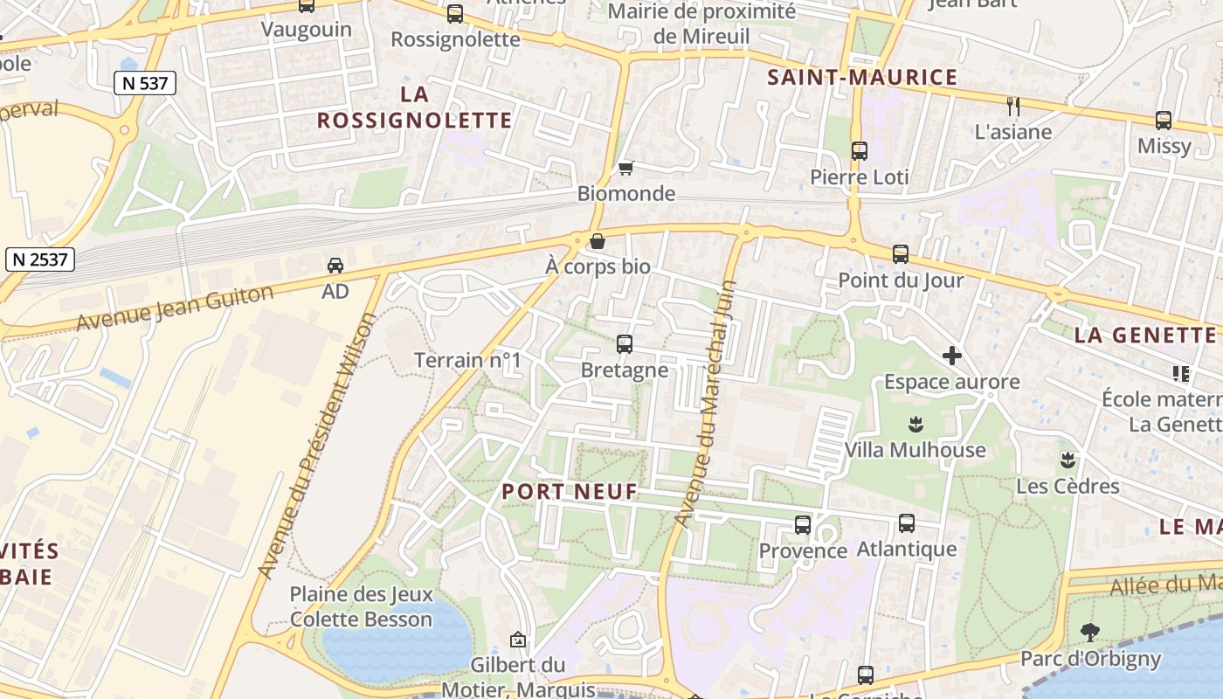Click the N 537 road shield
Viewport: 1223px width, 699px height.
tap(145, 84)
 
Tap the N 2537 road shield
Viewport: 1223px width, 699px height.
tap(40, 260)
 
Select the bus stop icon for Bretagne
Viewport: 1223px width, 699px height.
tap(625, 344)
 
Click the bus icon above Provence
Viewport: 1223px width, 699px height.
tap(803, 525)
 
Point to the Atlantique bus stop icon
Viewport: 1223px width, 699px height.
tap(907, 523)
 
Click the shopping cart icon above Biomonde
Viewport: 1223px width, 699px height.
tap(625, 168)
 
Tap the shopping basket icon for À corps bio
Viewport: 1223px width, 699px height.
tap(598, 241)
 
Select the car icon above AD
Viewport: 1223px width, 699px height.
tap(335, 265)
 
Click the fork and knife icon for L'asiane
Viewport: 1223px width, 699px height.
tap(1013, 107)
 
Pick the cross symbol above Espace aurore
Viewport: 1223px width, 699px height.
tap(952, 356)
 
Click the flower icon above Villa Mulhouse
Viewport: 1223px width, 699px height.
tap(916, 425)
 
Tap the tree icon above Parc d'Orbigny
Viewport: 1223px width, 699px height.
tap(1089, 632)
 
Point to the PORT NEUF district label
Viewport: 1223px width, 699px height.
tap(570, 492)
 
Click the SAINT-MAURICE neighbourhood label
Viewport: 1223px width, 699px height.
tap(862, 78)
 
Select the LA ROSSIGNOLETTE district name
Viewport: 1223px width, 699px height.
tap(414, 107)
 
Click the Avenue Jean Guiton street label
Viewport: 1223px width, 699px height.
tap(175, 308)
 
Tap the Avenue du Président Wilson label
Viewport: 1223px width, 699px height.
tap(318, 446)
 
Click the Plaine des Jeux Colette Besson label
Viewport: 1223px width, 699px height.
tap(361, 607)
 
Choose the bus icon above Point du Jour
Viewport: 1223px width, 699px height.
tap(901, 254)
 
